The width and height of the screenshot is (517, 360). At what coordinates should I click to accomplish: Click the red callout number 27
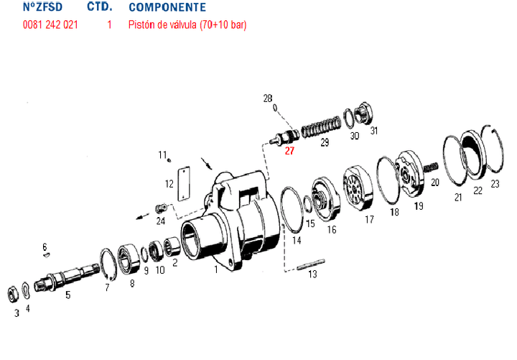click(x=289, y=151)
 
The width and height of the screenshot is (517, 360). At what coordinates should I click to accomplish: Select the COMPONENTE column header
click(x=167, y=7)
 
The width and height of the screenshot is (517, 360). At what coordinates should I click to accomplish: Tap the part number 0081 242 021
click(x=50, y=24)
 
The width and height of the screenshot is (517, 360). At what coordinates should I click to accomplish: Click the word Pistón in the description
click(x=141, y=24)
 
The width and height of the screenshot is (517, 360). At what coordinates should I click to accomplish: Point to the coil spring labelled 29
click(x=320, y=126)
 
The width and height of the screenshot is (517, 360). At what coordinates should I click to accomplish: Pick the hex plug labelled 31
click(x=363, y=113)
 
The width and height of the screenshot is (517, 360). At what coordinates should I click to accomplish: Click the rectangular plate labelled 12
click(x=183, y=183)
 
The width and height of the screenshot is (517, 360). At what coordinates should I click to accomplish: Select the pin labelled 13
click(x=311, y=264)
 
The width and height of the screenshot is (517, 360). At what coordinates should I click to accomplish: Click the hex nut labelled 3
click(x=13, y=294)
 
